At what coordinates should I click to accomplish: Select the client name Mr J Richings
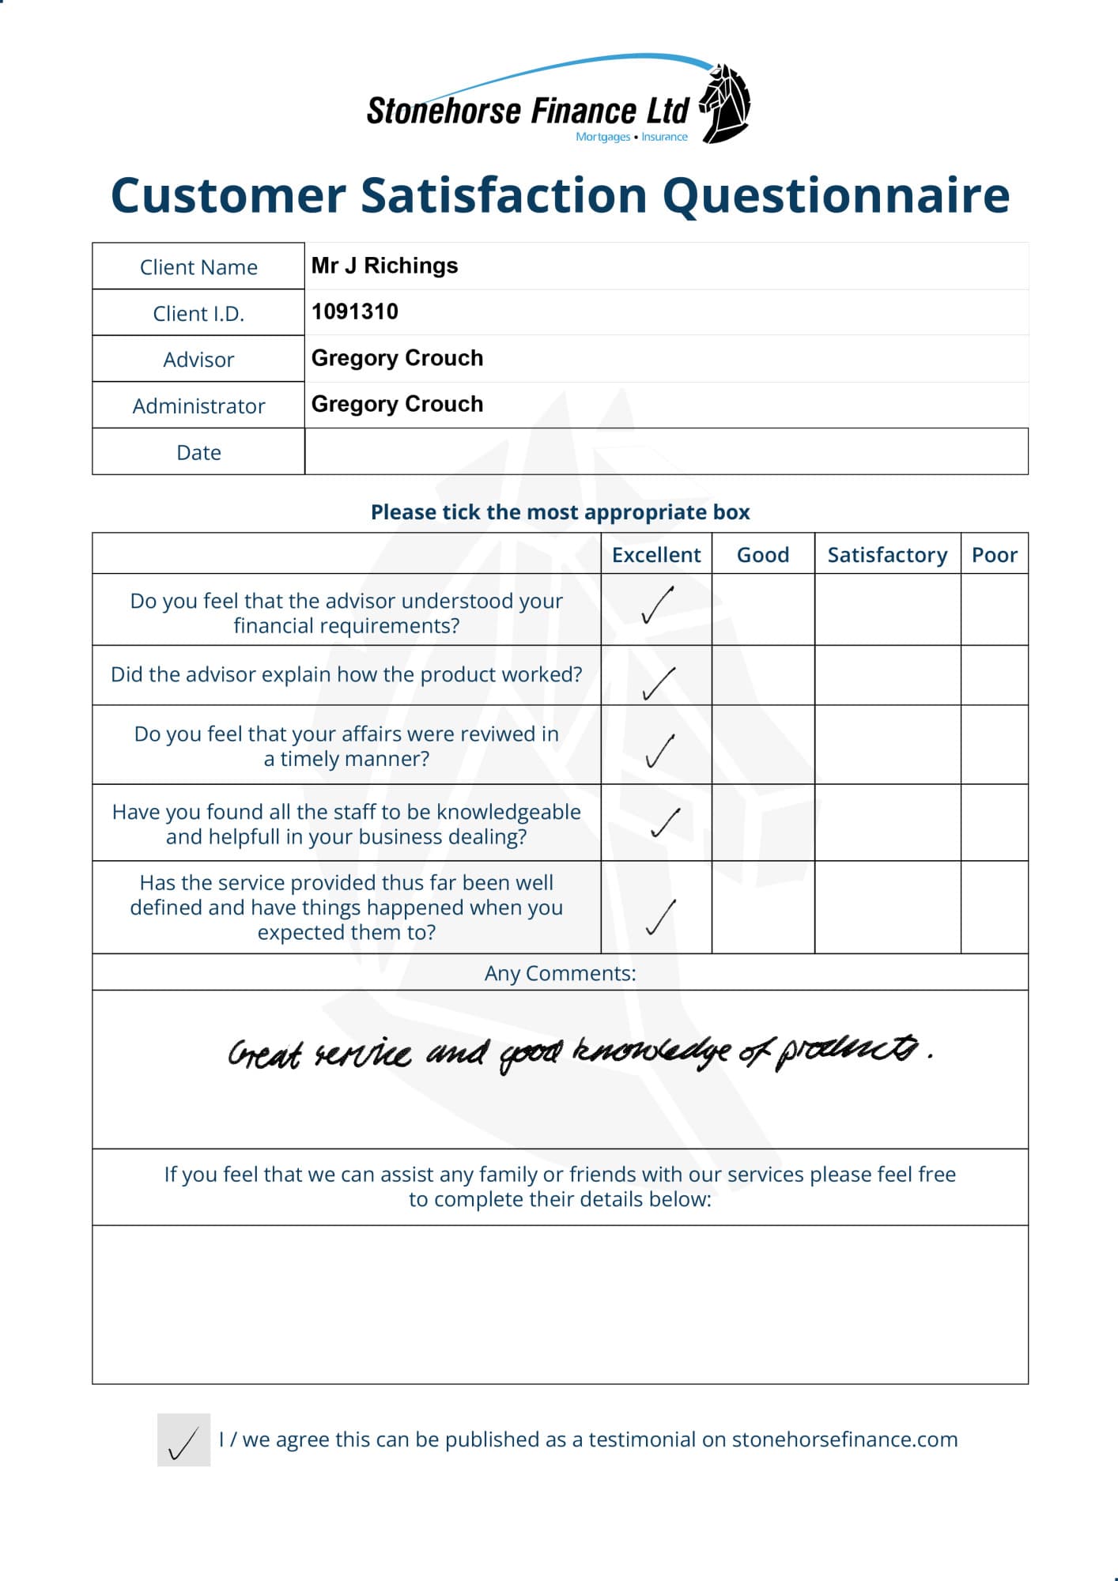click(x=384, y=266)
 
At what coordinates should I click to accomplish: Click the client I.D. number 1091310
click(x=355, y=311)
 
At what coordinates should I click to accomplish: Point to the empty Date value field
click(x=666, y=451)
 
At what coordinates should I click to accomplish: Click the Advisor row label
click(x=198, y=360)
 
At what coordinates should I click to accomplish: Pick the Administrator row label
click(x=198, y=406)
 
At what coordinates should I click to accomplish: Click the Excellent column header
click(x=656, y=555)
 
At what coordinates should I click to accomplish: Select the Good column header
click(x=763, y=555)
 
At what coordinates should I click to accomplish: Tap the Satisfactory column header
click(x=887, y=555)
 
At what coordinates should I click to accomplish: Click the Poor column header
click(x=994, y=555)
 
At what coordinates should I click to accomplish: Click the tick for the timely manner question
click(x=659, y=751)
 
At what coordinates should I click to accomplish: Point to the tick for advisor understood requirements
click(x=657, y=606)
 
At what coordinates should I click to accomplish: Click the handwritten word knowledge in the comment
click(x=652, y=1051)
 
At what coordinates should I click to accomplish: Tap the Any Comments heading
click(x=560, y=973)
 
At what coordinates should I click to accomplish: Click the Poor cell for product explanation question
click(x=994, y=675)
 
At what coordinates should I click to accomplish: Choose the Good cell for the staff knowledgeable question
click(x=763, y=823)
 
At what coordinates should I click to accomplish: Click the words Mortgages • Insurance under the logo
click(x=632, y=137)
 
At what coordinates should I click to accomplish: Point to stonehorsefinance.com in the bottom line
click(x=844, y=1440)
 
